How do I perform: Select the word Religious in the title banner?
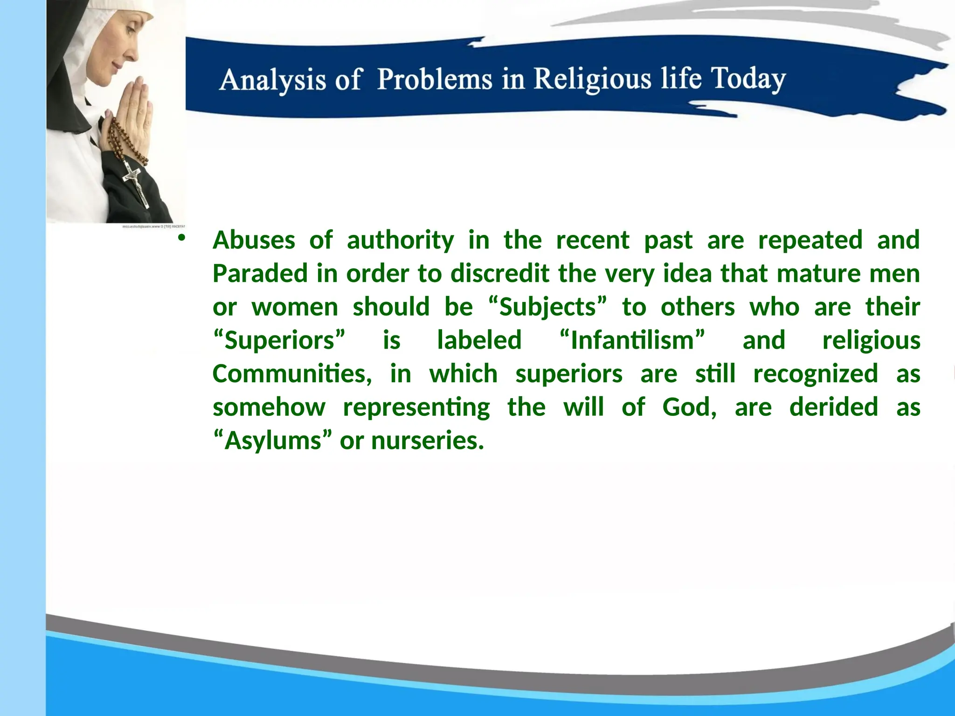(592, 78)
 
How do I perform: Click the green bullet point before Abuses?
(182, 238)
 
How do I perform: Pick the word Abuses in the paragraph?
(254, 241)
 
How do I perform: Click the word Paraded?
(260, 274)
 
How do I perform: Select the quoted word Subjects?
(548, 308)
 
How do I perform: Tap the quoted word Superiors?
(279, 341)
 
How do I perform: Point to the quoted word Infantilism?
(632, 341)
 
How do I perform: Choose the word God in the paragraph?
(689, 407)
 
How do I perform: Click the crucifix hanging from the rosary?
(136, 184)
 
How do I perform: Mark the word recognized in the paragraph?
(816, 374)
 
